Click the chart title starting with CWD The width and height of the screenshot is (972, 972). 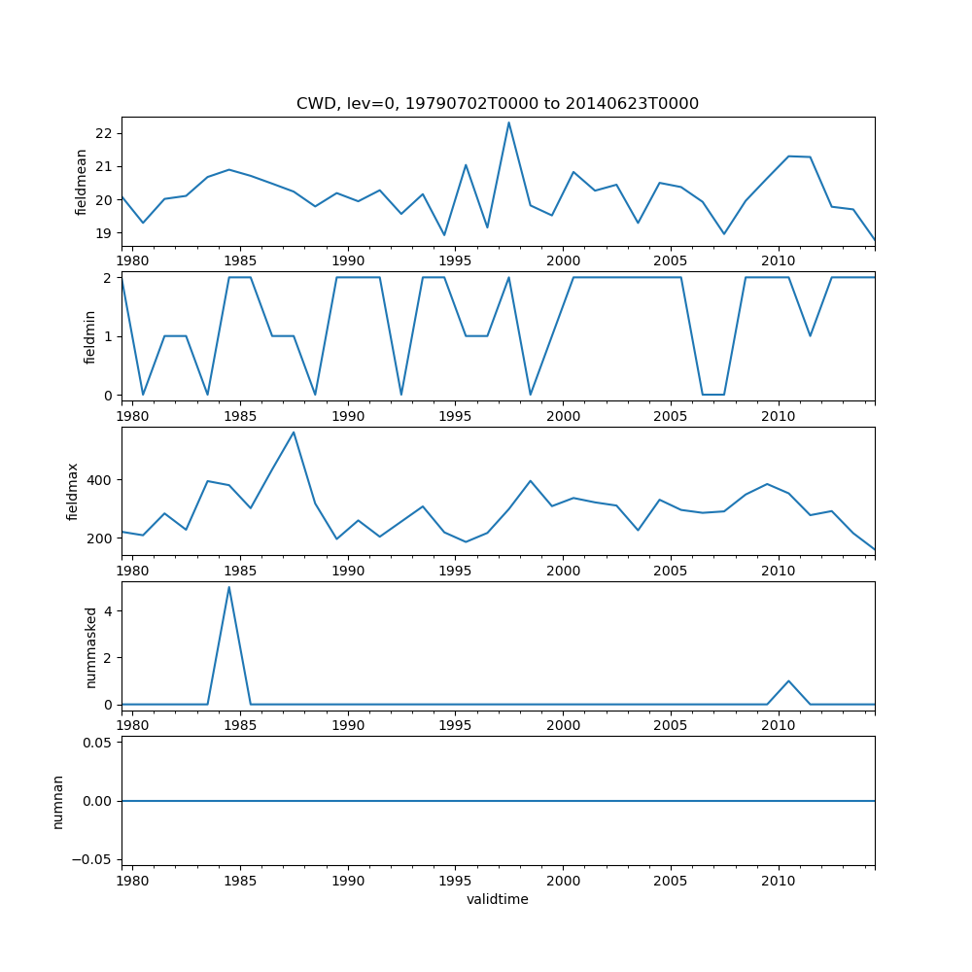[x=498, y=103]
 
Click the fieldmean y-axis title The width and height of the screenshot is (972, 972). [x=82, y=182]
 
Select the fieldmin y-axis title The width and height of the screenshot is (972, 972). [x=89, y=336]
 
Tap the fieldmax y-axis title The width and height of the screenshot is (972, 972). [x=73, y=491]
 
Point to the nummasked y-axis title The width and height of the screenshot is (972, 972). [x=91, y=646]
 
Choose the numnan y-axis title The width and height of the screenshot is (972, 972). [x=58, y=801]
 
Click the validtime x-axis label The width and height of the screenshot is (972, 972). [x=498, y=899]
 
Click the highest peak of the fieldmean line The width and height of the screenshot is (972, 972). [x=508, y=122]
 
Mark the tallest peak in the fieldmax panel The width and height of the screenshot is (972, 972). [x=294, y=433]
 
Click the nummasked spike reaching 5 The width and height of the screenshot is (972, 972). [x=228, y=587]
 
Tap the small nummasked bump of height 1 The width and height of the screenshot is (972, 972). [x=788, y=680]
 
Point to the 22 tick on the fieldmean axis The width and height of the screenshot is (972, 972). [x=106, y=133]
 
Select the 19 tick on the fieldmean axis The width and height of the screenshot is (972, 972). [x=106, y=233]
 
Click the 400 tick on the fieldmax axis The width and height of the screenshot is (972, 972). [x=99, y=480]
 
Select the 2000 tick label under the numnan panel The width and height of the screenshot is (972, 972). [x=563, y=881]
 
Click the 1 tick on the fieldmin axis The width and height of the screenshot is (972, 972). [x=109, y=336]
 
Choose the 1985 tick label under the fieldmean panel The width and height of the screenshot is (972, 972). [x=240, y=260]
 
